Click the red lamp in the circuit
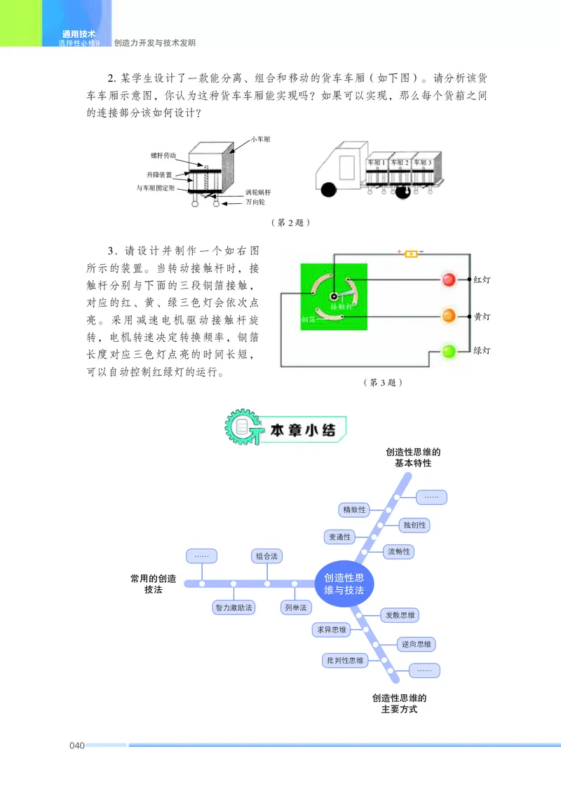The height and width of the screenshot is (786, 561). [449, 280]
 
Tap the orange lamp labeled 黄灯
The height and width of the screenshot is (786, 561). [449, 316]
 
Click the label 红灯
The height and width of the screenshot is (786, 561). [482, 280]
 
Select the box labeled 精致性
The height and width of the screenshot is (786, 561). [353, 509]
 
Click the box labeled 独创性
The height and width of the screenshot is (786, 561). [414, 525]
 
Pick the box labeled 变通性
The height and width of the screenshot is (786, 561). [339, 537]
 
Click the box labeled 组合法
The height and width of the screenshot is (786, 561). [266, 556]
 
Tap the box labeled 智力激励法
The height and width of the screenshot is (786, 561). [234, 608]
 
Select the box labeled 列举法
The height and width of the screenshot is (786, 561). [295, 608]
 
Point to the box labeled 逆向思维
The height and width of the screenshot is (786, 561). [417, 644]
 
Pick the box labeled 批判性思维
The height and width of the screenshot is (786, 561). [345, 660]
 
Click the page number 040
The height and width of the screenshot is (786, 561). [77, 745]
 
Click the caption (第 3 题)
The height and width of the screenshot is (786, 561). [382, 382]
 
